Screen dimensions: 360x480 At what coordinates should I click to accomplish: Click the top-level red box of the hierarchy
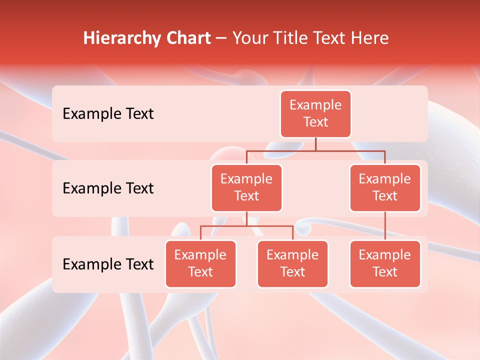(x=315, y=113)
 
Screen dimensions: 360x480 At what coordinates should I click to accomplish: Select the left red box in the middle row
(x=246, y=187)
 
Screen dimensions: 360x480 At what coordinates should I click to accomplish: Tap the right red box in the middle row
(x=385, y=187)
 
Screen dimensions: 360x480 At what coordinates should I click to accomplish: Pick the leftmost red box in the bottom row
(x=200, y=263)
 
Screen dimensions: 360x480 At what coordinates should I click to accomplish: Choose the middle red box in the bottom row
(x=292, y=263)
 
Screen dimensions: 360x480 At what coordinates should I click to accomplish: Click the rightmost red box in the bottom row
(x=385, y=263)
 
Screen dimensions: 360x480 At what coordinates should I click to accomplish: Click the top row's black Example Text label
(x=108, y=114)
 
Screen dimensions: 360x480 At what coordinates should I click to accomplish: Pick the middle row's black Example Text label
(x=108, y=188)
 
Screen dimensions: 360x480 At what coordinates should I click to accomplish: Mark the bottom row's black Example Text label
(x=108, y=264)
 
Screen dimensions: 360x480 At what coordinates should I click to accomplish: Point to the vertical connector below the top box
(x=315, y=144)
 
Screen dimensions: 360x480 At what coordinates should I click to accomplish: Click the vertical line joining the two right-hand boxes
(x=385, y=226)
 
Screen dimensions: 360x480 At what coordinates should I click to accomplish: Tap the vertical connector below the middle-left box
(x=246, y=218)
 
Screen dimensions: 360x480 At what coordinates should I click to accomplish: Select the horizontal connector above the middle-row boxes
(x=315, y=150)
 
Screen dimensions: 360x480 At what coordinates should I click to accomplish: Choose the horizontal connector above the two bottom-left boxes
(x=246, y=226)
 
